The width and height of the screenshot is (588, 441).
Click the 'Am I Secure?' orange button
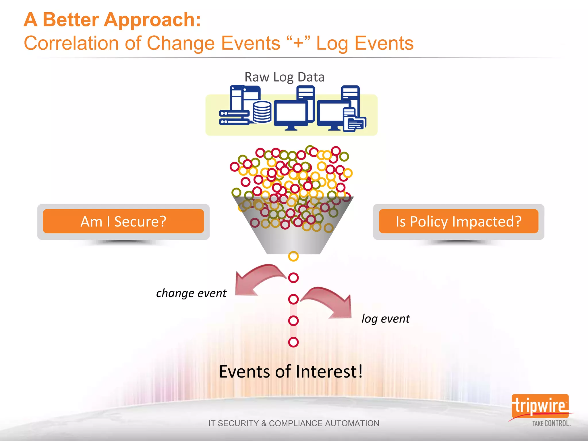(x=123, y=221)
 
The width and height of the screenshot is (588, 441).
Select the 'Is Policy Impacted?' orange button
(x=459, y=221)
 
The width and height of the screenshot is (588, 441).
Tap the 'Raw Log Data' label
(x=284, y=77)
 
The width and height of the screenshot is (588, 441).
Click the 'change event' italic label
(x=191, y=293)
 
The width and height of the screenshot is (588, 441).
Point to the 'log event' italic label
(x=386, y=319)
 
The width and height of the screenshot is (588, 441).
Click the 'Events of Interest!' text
(x=291, y=372)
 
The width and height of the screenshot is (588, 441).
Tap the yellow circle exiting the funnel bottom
(x=293, y=256)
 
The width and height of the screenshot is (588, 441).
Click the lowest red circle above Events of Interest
(x=293, y=342)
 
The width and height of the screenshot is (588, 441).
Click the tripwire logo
(x=540, y=406)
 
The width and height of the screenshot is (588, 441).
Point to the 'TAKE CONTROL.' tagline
(x=551, y=423)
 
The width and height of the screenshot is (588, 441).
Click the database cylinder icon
(x=262, y=112)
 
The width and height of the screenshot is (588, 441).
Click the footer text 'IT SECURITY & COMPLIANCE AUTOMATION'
(x=294, y=423)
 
